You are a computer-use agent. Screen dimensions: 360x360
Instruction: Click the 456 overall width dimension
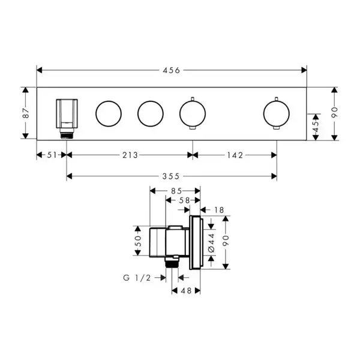pyautogui.click(x=171, y=70)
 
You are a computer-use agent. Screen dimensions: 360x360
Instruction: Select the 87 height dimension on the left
pyautogui.click(x=26, y=113)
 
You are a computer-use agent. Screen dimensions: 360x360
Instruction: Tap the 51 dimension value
pyautogui.click(x=52, y=155)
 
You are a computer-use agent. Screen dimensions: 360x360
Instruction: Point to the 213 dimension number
pyautogui.click(x=130, y=155)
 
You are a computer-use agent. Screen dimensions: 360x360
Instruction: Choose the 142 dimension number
pyautogui.click(x=235, y=155)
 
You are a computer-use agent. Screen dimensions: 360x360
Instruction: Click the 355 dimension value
pyautogui.click(x=171, y=176)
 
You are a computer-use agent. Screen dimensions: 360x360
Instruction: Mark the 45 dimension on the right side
pyautogui.click(x=316, y=127)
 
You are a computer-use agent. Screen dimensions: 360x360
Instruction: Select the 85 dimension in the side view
pyautogui.click(x=176, y=191)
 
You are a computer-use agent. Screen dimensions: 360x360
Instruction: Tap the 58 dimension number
pyautogui.click(x=184, y=200)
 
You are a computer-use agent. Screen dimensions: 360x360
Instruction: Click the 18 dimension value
pyautogui.click(x=219, y=210)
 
